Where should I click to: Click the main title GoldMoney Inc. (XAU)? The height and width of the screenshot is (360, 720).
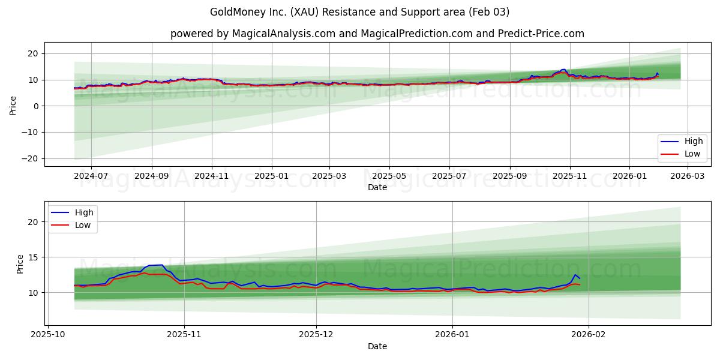pos(359,12)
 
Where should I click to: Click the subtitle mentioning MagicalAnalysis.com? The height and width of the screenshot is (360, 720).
pos(377,34)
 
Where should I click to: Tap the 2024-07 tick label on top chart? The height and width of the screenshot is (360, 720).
pos(91,176)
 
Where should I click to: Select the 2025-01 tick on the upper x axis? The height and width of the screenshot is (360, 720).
pos(272,176)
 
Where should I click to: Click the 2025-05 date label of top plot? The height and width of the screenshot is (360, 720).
pos(389,176)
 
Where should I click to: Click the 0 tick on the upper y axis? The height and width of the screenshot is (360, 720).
pos(35,106)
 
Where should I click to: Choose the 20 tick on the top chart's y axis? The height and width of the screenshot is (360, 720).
pos(33,53)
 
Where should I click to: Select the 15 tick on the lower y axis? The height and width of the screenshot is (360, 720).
pos(33,257)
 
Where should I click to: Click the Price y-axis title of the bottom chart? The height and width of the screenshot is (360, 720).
pos(20,264)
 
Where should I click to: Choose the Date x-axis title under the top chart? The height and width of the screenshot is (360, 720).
pos(377,187)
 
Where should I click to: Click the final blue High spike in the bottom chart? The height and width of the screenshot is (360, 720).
pos(575,275)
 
